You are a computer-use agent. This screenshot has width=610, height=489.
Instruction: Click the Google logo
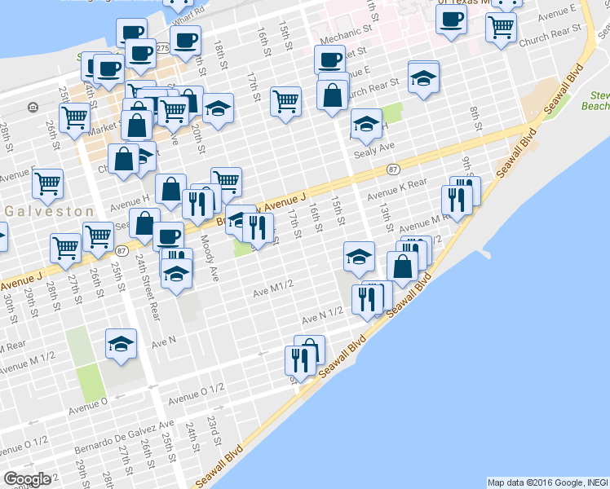27,479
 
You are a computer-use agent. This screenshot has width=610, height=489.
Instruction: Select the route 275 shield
163,49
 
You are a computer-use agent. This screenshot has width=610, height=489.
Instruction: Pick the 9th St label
466,168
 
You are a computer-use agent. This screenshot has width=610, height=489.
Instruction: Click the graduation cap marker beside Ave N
121,343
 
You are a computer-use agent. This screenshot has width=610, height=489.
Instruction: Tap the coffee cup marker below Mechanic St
330,59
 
